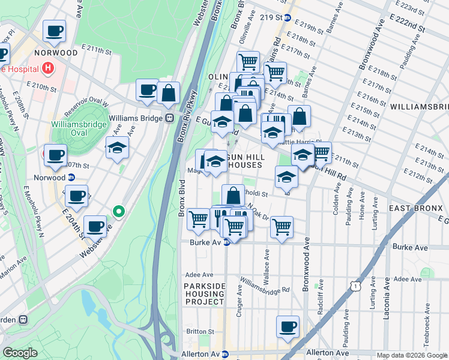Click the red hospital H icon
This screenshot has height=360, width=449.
click(x=47, y=69)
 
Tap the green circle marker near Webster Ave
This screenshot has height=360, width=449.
click(x=119, y=211)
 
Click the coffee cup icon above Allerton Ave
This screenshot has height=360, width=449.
click(x=288, y=326)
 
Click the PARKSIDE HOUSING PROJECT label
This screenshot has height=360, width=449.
click(x=204, y=294)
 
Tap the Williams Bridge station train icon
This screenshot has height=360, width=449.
click(x=170, y=118)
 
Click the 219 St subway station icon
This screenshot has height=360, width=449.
click(x=288, y=18)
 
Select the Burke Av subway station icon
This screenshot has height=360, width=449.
click(x=226, y=242)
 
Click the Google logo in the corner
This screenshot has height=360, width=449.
click(x=20, y=353)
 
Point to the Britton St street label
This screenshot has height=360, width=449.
click(x=200, y=331)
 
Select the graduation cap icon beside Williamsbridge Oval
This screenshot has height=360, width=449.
click(x=117, y=147)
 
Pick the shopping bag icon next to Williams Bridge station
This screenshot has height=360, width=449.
click(x=169, y=92)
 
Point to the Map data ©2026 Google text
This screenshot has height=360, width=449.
click(x=411, y=355)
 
